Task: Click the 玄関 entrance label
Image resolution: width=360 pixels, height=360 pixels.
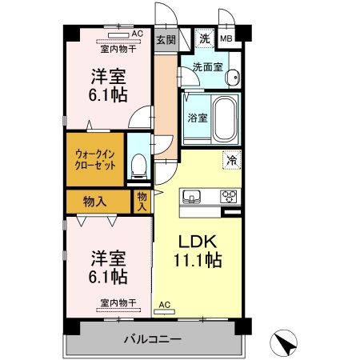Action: [x=166, y=40]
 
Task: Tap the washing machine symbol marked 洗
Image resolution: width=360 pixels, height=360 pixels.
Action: [x=205, y=38]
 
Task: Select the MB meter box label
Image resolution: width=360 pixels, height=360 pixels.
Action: [x=226, y=38]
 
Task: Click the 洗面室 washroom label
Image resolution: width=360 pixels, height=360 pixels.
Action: [x=207, y=67]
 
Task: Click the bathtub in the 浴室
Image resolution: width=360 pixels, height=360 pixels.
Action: [x=226, y=118]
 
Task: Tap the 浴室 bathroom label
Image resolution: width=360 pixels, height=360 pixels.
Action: [x=198, y=118]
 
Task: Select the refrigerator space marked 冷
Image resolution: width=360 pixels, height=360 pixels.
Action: [x=232, y=160]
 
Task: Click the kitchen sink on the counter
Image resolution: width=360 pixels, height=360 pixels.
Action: [x=191, y=197]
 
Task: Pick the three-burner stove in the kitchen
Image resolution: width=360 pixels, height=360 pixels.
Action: [x=229, y=197]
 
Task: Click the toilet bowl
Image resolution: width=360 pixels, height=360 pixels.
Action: [x=139, y=166]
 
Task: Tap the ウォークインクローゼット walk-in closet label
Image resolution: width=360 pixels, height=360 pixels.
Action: [x=95, y=160]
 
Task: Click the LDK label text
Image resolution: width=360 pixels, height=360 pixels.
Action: [x=197, y=242]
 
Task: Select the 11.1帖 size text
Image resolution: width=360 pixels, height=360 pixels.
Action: [x=198, y=260]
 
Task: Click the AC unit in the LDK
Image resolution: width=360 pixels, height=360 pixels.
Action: [x=164, y=311]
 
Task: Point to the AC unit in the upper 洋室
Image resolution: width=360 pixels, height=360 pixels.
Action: [x=118, y=35]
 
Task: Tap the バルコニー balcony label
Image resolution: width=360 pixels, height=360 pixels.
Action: [x=153, y=339]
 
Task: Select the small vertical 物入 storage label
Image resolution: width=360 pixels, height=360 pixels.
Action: [x=142, y=202]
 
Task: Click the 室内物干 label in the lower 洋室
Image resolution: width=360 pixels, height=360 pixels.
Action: [x=118, y=302]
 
